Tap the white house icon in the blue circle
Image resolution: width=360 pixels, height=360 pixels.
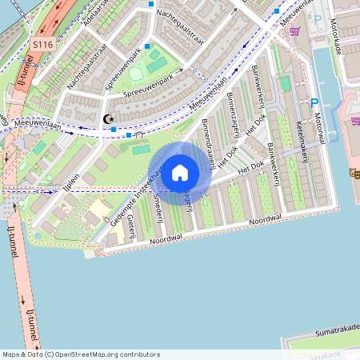[x=180, y=172]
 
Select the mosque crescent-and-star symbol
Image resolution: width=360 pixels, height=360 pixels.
[x=109, y=119]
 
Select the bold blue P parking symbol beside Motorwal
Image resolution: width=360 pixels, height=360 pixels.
[x=314, y=102]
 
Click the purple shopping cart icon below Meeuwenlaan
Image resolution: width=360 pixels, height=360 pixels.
[x=295, y=32]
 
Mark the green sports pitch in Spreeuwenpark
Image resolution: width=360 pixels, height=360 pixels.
[x=157, y=63]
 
